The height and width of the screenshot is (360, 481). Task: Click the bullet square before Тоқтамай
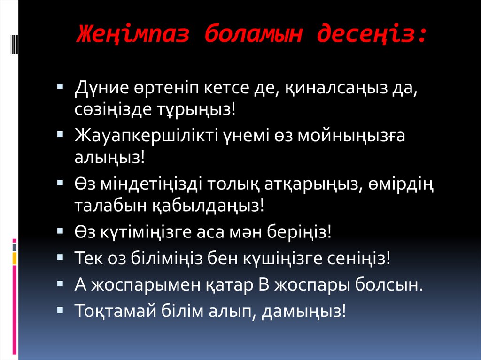point(61,310)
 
